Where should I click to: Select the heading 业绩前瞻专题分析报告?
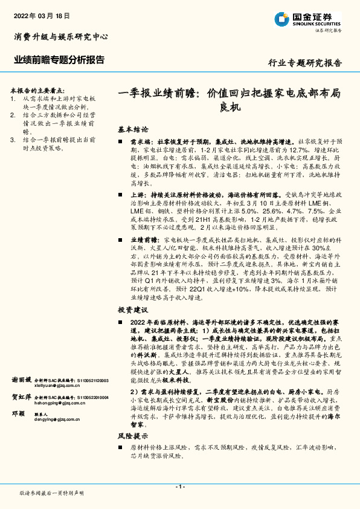[x=59, y=60]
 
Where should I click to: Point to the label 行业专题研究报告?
[x=304, y=63]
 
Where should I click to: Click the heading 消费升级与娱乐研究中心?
[x=60, y=37]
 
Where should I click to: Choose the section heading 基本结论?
[x=133, y=129]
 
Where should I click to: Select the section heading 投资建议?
[x=133, y=310]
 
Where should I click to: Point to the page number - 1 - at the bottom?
[x=179, y=487]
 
